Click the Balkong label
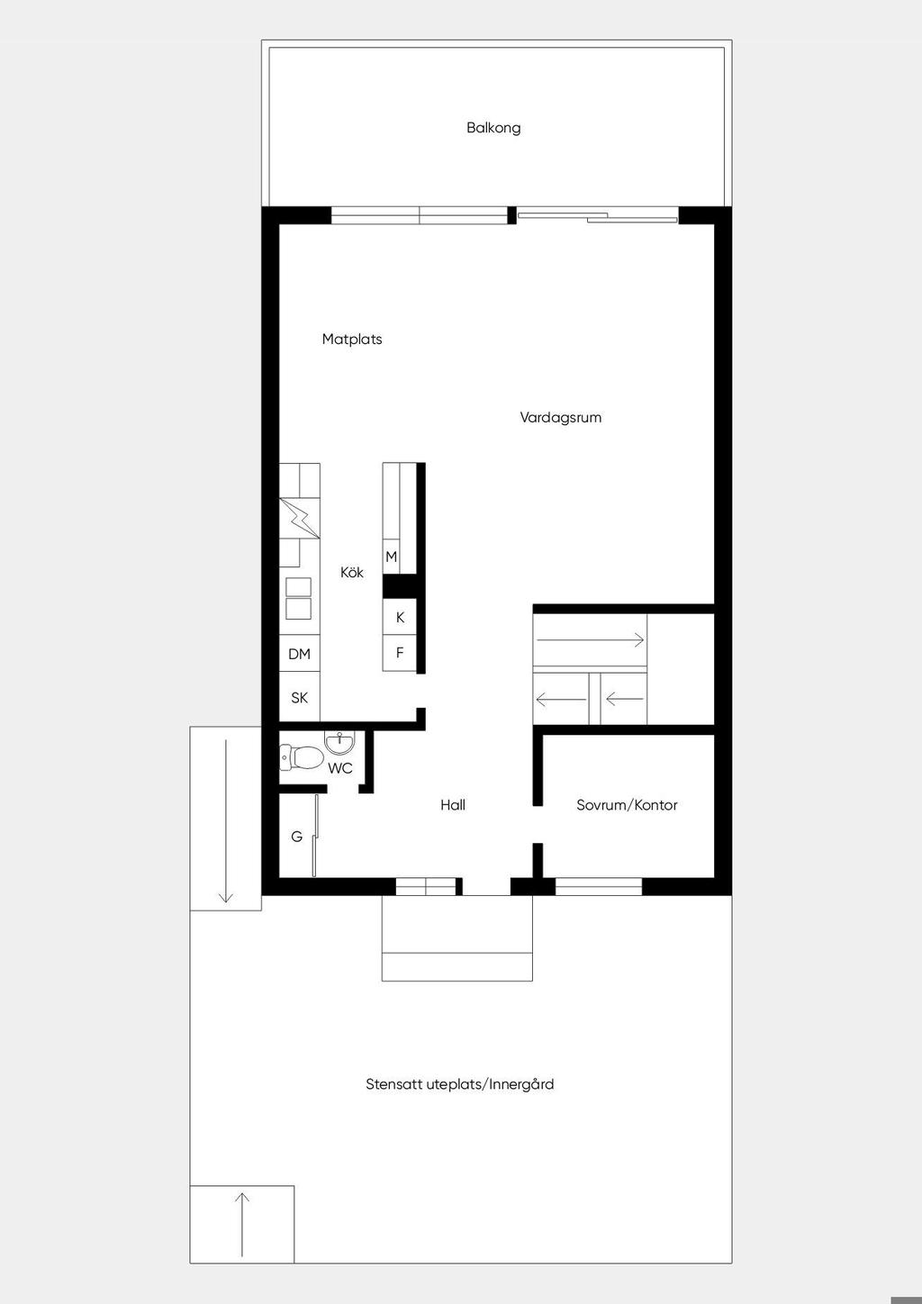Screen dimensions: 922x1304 point(493,128)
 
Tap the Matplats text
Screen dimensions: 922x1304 point(352,339)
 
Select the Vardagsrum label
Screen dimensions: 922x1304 point(561,417)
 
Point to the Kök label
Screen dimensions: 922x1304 point(352,572)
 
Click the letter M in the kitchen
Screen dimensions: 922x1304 point(391,557)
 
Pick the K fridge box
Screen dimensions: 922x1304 point(400,617)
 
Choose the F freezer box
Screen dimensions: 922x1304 point(400,653)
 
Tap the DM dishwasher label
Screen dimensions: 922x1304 point(299,655)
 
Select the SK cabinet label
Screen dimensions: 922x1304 point(299,698)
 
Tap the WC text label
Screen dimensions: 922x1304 point(340,768)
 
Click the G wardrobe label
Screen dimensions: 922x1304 point(297,838)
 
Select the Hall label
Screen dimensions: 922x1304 point(453,805)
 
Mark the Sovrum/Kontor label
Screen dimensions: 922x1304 point(627,805)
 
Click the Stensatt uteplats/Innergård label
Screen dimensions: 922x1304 point(460,1084)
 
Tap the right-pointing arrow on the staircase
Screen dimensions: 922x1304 point(591,640)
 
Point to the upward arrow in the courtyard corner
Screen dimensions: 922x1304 point(242,1223)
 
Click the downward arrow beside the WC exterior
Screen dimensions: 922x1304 point(226,821)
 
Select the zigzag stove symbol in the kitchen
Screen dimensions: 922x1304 point(300,518)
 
